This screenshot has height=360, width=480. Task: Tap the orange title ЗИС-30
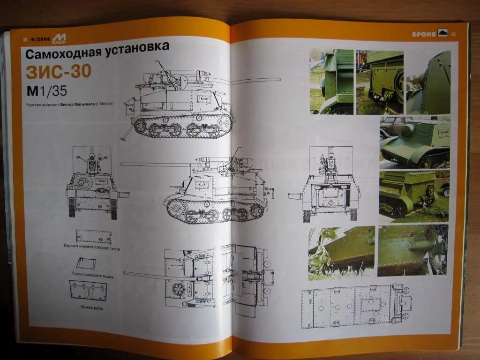59,72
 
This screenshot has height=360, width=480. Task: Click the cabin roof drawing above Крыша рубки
88,291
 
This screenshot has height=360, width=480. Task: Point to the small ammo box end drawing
86,263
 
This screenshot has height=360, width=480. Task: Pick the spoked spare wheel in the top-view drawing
178,289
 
